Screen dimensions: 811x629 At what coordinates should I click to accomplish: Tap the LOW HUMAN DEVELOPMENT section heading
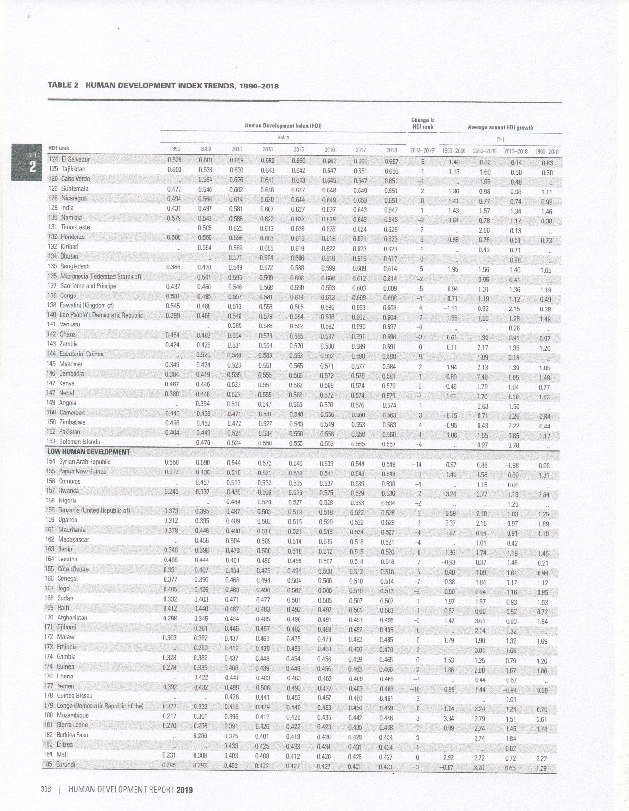(x=89, y=452)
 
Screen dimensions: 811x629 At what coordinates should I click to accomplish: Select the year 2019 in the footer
(x=184, y=789)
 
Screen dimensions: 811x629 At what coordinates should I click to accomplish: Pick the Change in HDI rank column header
(x=423, y=124)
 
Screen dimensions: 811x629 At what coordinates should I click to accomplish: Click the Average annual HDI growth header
(x=500, y=128)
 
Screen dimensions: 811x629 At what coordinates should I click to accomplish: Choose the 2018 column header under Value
(x=391, y=150)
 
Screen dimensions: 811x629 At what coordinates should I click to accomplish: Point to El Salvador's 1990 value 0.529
(x=174, y=160)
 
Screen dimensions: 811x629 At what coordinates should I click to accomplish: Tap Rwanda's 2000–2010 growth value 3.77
(x=481, y=494)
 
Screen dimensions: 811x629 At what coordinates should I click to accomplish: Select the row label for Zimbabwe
(x=72, y=422)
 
